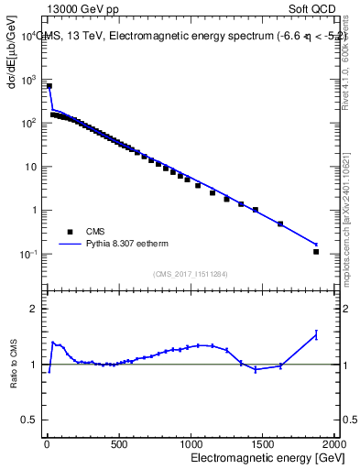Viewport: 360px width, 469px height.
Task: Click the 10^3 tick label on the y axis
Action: (30, 80)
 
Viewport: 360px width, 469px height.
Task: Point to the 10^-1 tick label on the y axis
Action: (30, 255)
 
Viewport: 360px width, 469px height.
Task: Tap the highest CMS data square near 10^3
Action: (49, 86)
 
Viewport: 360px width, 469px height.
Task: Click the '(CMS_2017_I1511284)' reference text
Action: (190, 274)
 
